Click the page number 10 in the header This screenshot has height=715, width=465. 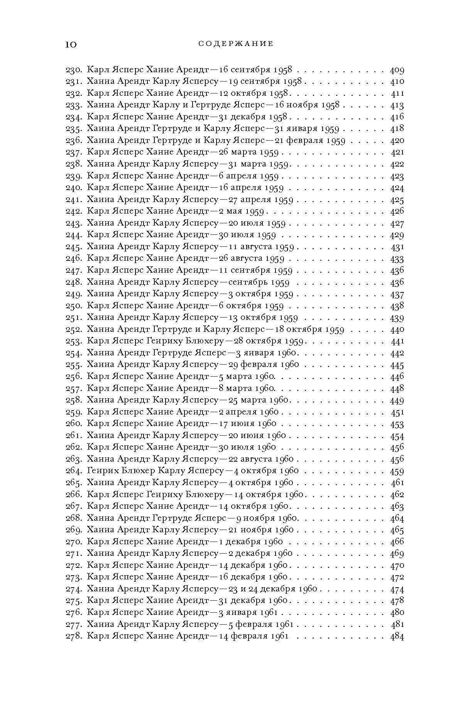coord(71,44)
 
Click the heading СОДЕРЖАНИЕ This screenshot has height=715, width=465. coord(236,44)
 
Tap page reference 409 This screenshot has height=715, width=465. coord(397,70)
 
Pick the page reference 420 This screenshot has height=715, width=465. coord(397,141)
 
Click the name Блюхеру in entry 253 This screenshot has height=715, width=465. coord(205,341)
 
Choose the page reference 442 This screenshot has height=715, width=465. coord(397,353)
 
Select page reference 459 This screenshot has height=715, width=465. coord(397,471)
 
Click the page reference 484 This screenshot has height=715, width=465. coord(397,636)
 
